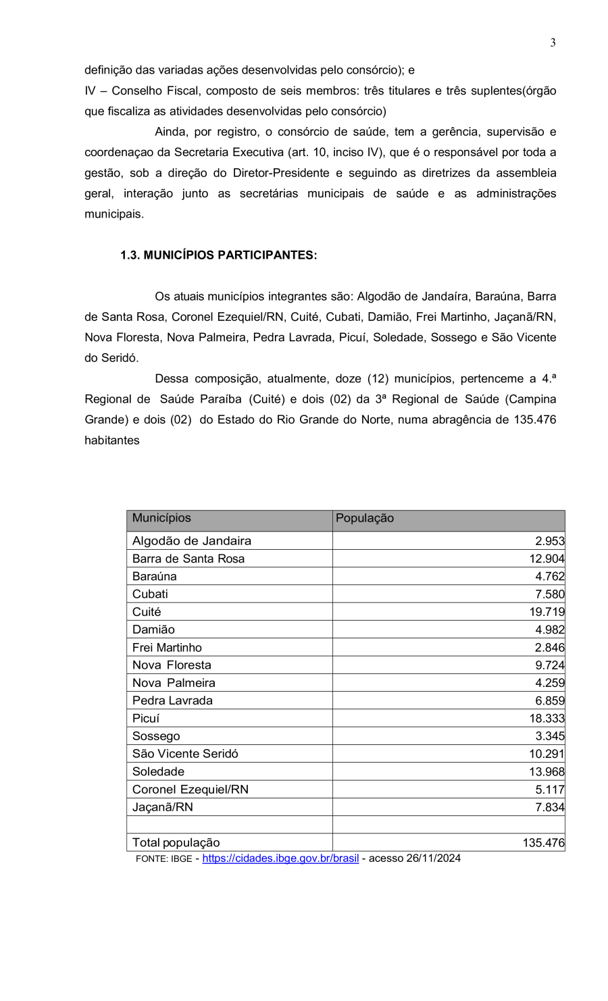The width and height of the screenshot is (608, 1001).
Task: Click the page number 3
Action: pos(553,43)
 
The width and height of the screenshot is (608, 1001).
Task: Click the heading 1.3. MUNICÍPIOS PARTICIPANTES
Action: pos(218,255)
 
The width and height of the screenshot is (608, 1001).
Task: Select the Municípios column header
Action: pos(161,519)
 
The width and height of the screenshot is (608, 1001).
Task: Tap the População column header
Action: pos(365,519)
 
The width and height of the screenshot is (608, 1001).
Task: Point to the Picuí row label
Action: pos(146,719)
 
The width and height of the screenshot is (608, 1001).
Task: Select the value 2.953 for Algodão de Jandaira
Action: pos(549,541)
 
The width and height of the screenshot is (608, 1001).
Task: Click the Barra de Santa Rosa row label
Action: pos(188,559)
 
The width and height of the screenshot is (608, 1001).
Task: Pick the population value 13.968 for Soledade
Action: pos(547,772)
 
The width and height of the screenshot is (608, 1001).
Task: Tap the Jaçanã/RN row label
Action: pos(163,807)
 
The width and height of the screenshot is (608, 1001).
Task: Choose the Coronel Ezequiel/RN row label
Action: pos(191,790)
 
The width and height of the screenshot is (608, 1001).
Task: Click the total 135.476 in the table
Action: pos(543,843)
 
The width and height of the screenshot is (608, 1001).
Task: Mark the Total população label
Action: pos(176,843)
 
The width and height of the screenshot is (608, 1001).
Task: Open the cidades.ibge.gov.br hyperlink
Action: pos(280,858)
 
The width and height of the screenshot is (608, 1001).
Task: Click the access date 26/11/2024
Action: pos(433,858)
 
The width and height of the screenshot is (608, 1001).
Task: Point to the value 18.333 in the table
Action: pos(547,719)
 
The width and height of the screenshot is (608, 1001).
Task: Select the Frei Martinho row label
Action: pos(167,648)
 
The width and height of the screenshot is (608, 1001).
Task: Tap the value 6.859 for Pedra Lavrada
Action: pos(549,701)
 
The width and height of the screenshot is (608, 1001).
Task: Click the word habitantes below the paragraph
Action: pos(112,440)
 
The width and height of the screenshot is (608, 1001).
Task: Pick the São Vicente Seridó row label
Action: pos(185,754)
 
